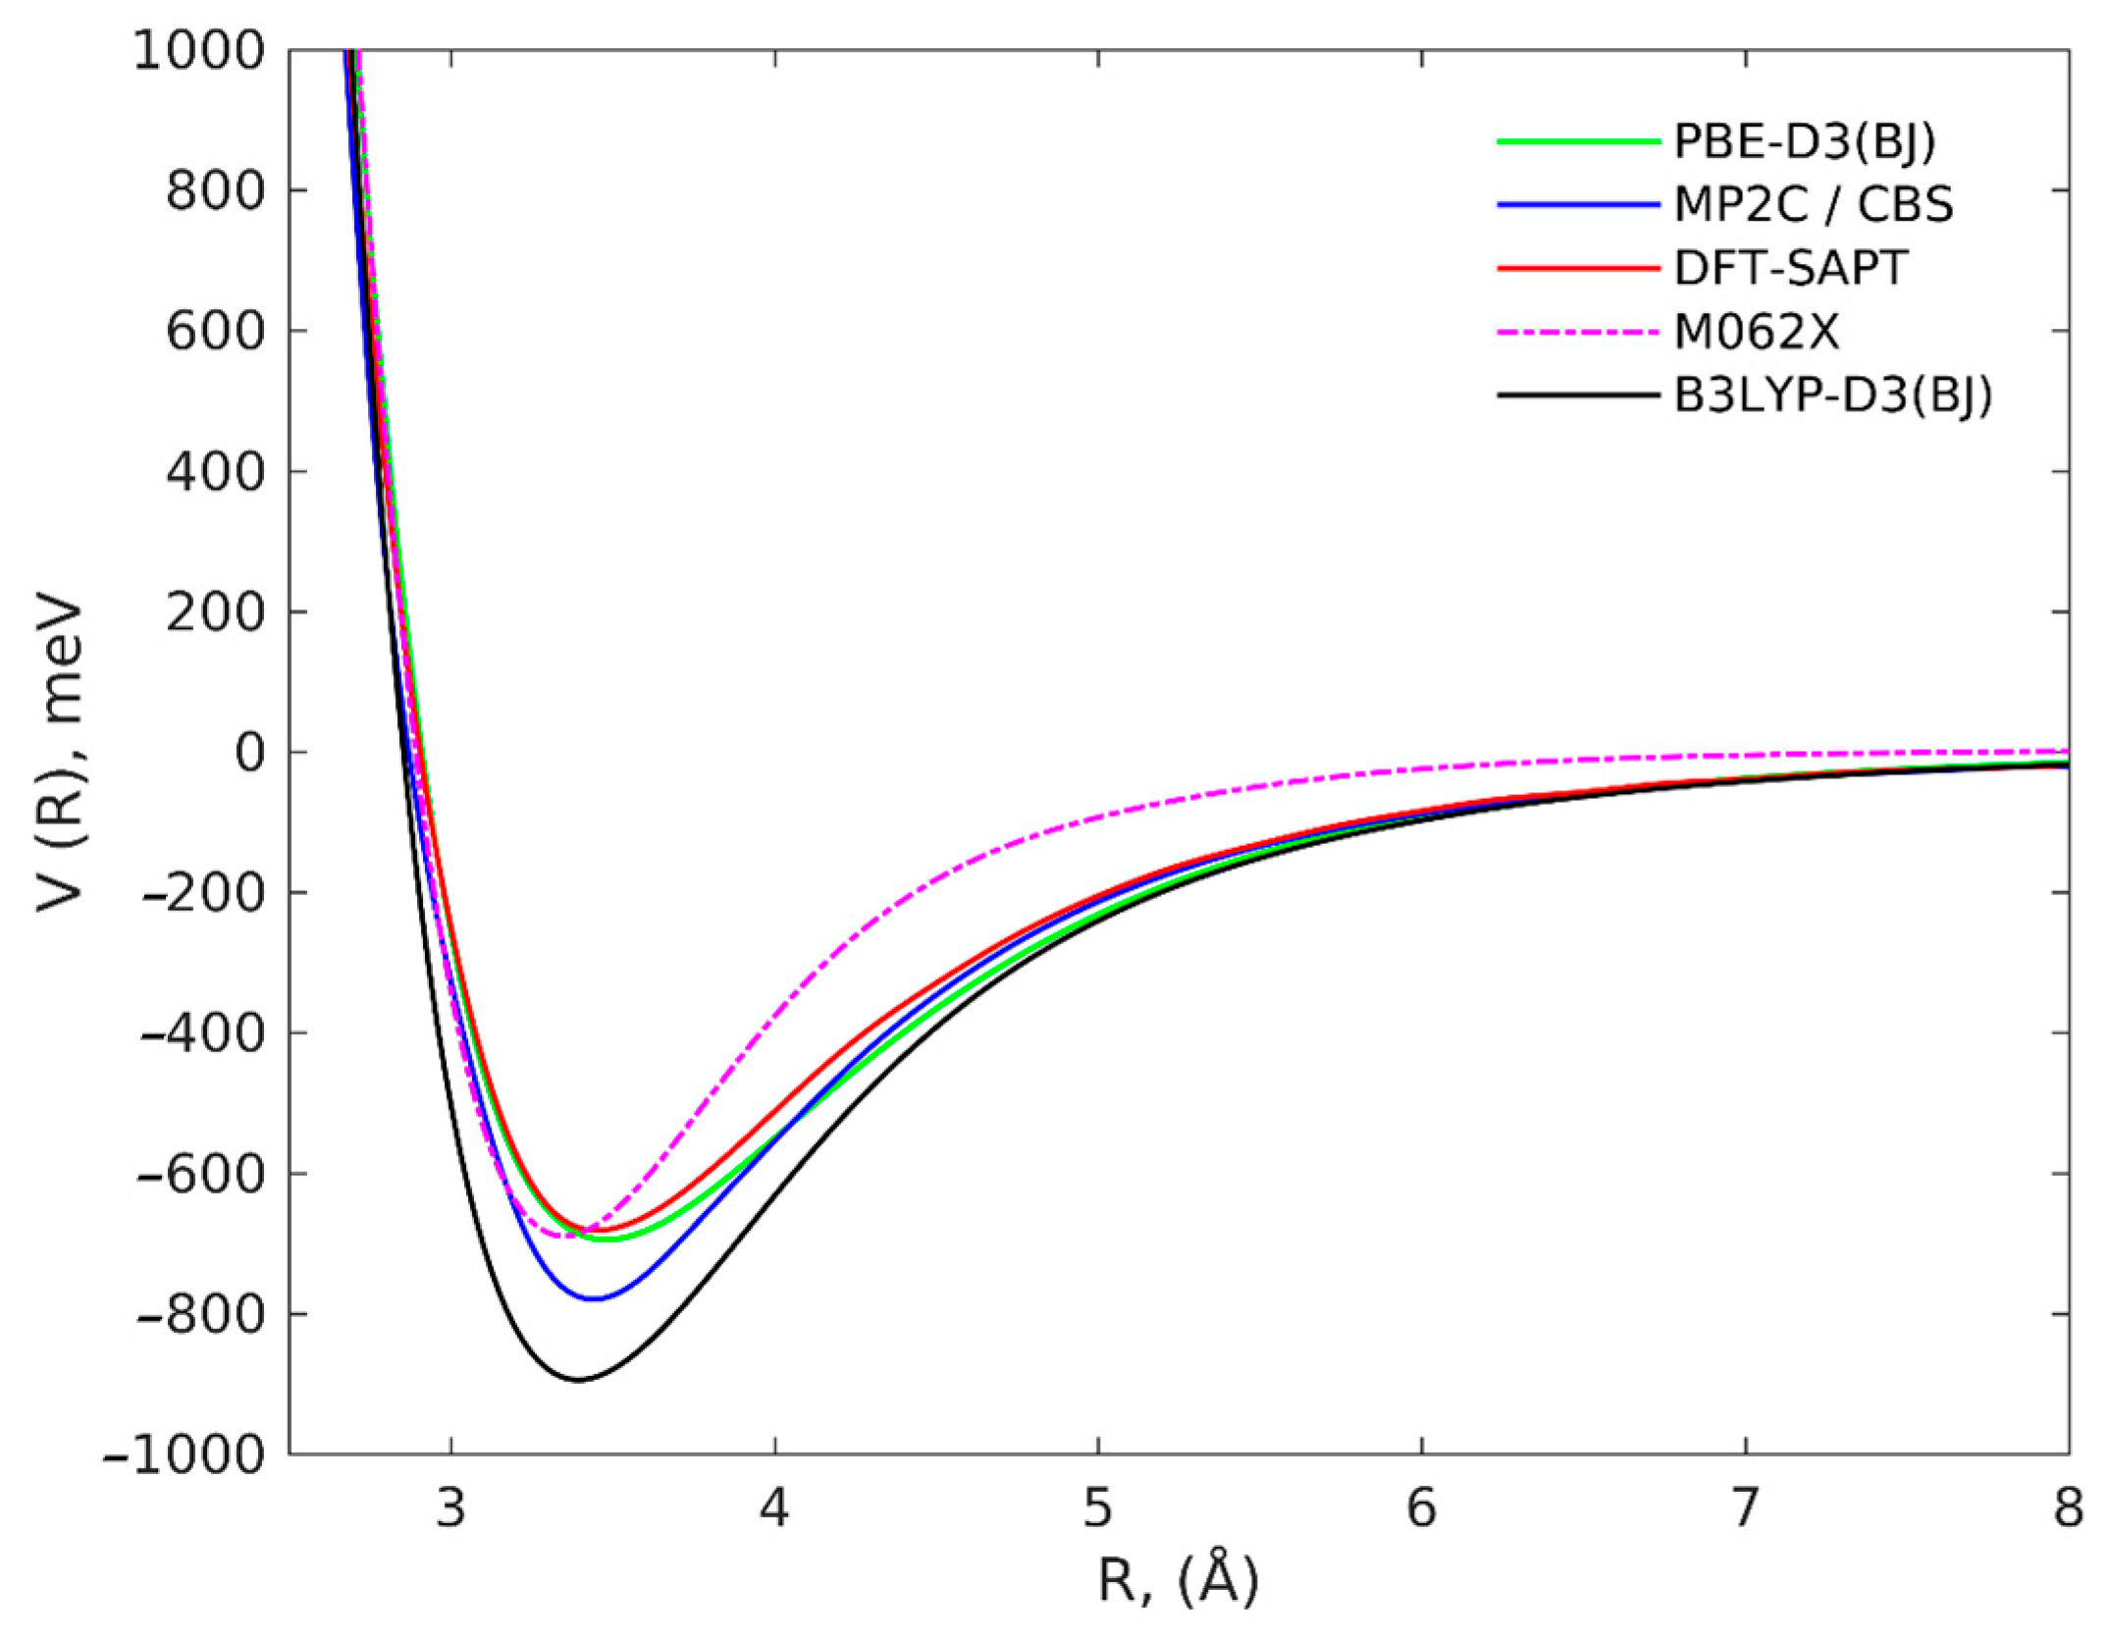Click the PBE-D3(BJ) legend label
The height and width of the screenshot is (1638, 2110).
pos(1804,142)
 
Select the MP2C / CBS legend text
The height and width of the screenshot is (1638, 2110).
pos(1813,205)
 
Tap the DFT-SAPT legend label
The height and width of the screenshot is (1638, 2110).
pos(1790,268)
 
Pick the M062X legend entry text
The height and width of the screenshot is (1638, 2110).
pos(1756,332)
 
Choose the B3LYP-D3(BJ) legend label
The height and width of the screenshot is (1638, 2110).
pos(1832,396)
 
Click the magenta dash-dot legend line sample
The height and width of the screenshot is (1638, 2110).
pos(1577,332)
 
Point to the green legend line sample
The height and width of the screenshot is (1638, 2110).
pos(1577,142)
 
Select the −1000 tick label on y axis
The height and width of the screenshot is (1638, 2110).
pos(184,1453)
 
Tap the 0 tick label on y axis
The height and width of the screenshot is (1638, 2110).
pos(249,753)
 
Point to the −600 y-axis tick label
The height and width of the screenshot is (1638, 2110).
pos(201,1174)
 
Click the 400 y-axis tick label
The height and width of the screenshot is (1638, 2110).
pos(215,472)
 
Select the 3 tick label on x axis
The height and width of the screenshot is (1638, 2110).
pos(450,1509)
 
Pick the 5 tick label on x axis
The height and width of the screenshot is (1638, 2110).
pos(1097,1509)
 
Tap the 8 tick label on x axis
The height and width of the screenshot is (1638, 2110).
pos(2068,1509)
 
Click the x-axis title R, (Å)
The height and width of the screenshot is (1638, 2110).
pos(1178,1581)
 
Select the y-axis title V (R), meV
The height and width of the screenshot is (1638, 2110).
pos(59,753)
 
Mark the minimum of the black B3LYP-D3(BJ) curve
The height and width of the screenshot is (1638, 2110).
pos(579,1380)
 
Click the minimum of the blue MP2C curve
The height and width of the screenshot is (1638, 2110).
pos(595,1298)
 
